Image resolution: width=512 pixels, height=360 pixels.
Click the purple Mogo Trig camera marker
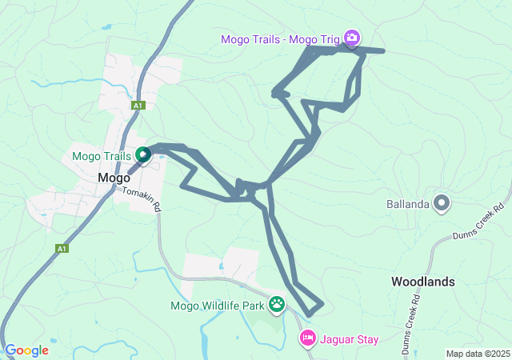pos(351,37)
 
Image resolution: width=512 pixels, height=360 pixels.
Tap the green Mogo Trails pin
pos(142,154)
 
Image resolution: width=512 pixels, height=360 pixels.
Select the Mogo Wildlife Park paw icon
pos(277,304)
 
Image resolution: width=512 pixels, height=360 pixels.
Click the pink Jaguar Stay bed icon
pos(307,339)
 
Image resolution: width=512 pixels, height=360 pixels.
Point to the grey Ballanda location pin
pos(441,203)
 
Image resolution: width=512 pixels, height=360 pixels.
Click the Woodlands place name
pos(422,282)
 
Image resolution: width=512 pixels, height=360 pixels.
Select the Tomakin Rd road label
pos(142,199)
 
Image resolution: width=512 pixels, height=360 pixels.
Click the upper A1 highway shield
pos(138,106)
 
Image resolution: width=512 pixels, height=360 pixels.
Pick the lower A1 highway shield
pos(62,250)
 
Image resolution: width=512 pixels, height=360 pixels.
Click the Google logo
pos(26,350)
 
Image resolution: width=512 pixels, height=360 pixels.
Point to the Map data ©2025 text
pos(478,354)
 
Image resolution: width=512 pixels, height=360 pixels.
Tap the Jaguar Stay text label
pos(349,339)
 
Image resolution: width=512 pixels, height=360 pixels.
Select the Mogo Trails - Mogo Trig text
pos(280,38)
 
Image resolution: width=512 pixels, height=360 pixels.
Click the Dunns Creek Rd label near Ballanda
pos(475,228)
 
